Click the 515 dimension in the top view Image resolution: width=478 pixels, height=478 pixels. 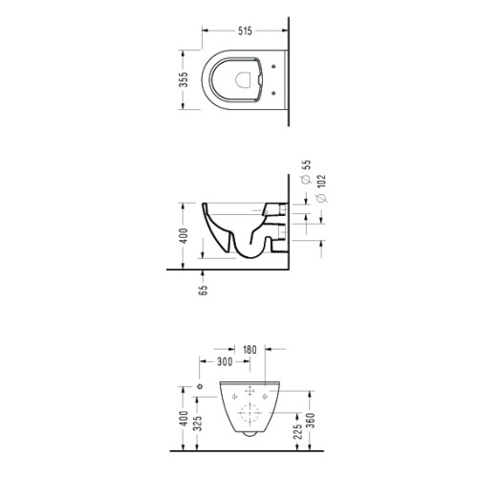[x=245, y=31]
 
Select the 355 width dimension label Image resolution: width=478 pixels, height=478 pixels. [x=184, y=79]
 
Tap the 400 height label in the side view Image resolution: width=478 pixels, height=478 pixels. [x=184, y=235]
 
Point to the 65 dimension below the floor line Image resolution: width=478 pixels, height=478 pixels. [x=203, y=290]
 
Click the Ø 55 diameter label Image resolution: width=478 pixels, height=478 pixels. [x=306, y=172]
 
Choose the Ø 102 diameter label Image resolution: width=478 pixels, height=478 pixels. [x=322, y=188]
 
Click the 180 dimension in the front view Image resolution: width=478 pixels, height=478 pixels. [x=250, y=350]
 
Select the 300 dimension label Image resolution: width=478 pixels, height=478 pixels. [x=225, y=361]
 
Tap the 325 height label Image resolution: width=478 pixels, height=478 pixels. [x=198, y=423]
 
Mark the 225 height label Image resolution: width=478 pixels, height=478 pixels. [x=297, y=431]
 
